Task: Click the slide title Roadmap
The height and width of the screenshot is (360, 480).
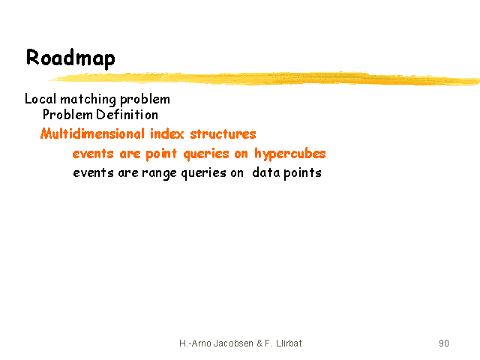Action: click(70, 58)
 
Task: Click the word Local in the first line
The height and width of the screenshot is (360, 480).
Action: click(40, 99)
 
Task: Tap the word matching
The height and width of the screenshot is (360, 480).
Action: click(88, 100)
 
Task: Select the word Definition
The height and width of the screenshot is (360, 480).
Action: click(127, 115)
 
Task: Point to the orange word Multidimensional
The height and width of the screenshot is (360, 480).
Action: click(92, 133)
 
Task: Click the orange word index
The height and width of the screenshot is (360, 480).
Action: click(166, 133)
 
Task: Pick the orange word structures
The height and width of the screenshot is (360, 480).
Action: click(223, 134)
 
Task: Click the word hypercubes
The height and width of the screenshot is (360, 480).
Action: click(290, 154)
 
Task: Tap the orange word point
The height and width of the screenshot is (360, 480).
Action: click(161, 154)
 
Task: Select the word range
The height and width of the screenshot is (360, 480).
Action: click(159, 173)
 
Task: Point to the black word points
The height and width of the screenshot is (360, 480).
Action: click(302, 173)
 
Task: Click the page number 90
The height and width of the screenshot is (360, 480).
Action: click(444, 343)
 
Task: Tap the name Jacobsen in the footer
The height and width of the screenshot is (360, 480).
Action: click(233, 343)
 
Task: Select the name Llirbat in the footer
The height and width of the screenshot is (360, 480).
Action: click(289, 343)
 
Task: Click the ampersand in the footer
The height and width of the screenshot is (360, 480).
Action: click(260, 343)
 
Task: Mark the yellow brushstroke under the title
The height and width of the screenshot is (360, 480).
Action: click(263, 78)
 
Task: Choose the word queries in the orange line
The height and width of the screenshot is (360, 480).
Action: click(206, 154)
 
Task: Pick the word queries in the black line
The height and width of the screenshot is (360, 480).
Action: click(203, 173)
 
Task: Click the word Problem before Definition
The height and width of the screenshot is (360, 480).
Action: click(67, 115)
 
